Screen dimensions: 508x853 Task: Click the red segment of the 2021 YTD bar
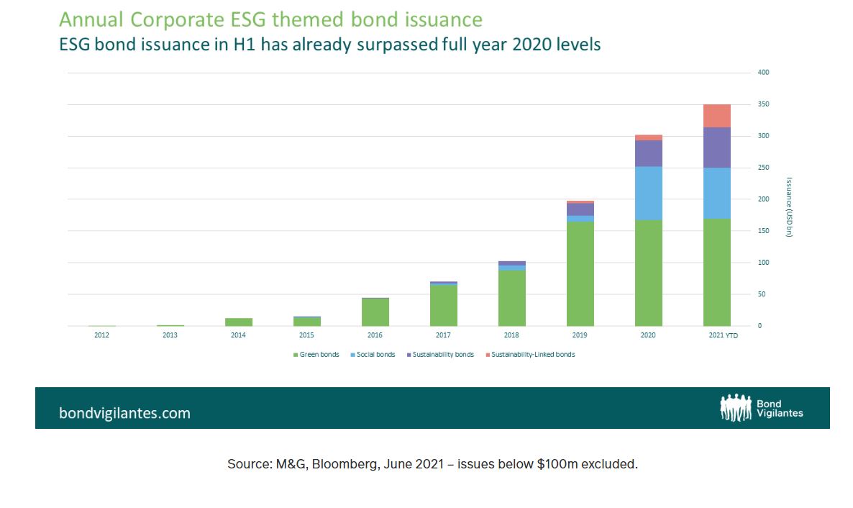(x=716, y=116)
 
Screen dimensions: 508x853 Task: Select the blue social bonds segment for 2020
(x=648, y=193)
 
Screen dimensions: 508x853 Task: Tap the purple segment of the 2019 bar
(x=580, y=209)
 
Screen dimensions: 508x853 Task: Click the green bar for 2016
(x=375, y=312)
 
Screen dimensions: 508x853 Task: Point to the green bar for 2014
(x=239, y=322)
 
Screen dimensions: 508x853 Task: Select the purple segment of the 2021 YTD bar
(x=716, y=148)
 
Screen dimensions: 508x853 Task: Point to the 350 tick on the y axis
(x=763, y=104)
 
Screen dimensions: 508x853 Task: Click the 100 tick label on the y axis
(x=763, y=263)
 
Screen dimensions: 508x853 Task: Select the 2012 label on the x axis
(x=102, y=336)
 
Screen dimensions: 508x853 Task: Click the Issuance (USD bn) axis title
(x=789, y=207)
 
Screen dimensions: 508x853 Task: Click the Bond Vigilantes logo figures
(x=735, y=407)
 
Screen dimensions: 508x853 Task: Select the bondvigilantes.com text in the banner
(x=124, y=413)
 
